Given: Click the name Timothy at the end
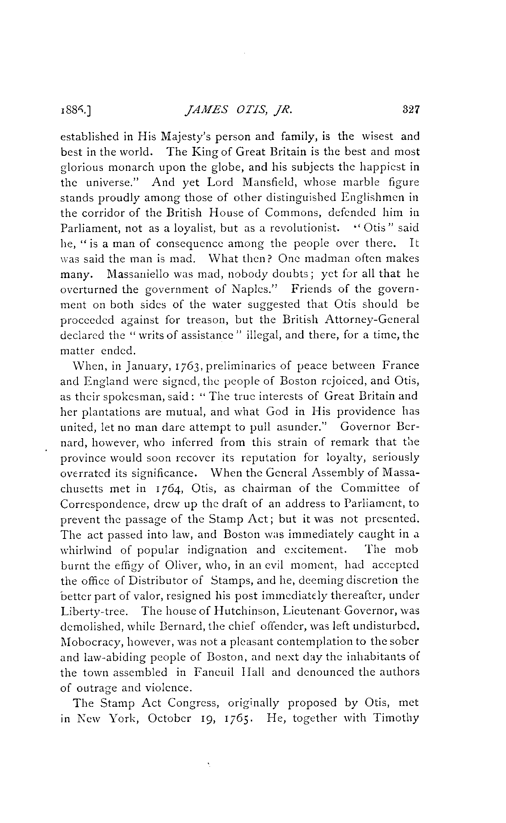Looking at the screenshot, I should coord(396,718).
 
